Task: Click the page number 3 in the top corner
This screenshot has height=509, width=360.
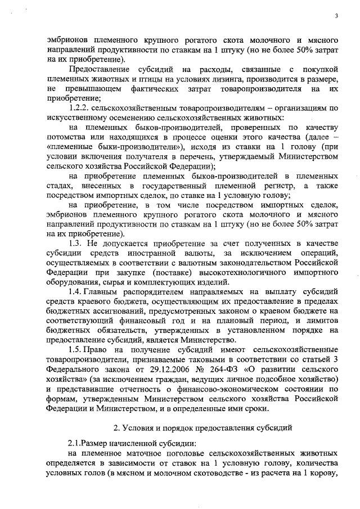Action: [x=335, y=15]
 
